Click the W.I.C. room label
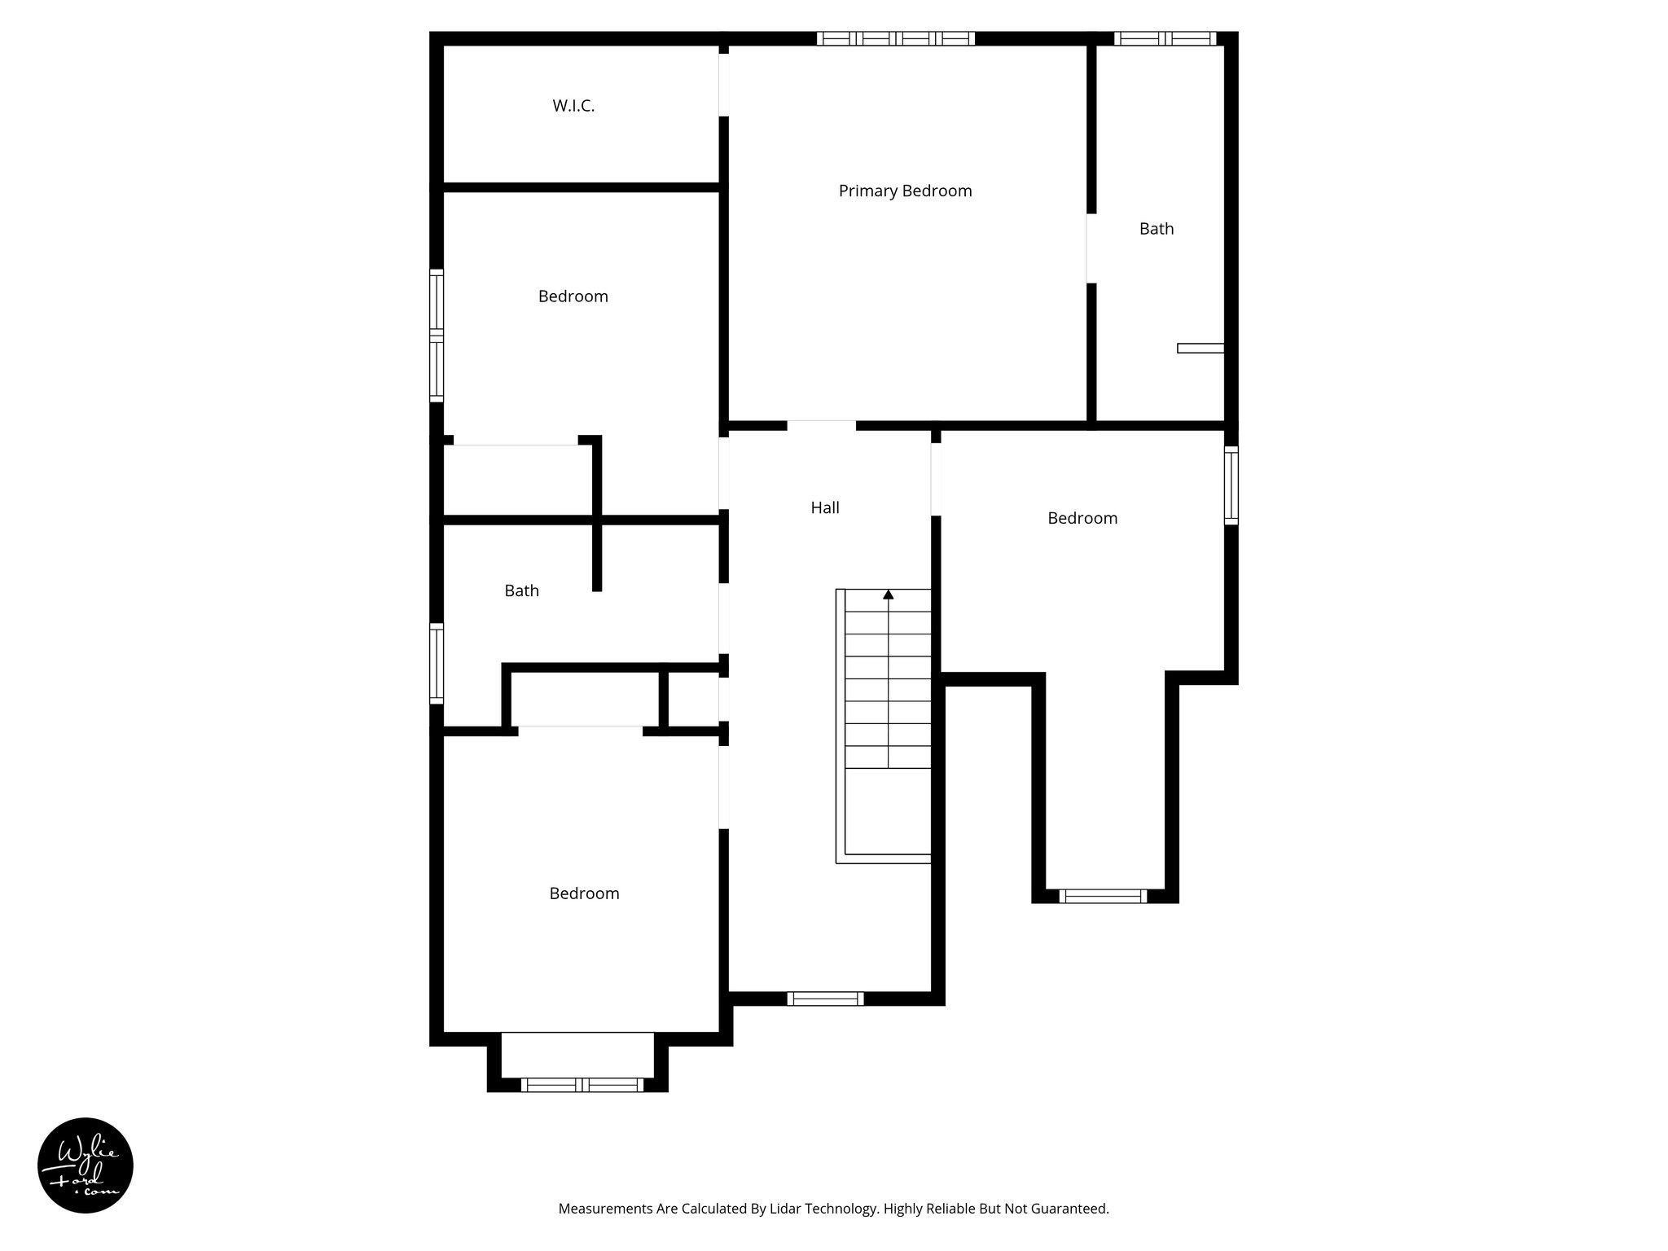pos(573,106)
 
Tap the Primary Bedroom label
pos(905,191)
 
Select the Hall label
pos(824,507)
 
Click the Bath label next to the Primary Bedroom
pos(1156,229)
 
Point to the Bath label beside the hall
pos(521,590)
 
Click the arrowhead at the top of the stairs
pos(888,595)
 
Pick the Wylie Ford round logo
pos(86,1165)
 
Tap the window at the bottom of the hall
pos(824,999)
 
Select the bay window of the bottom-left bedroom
pos(582,1084)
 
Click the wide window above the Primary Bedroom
pos(895,38)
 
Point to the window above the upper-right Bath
pos(1165,38)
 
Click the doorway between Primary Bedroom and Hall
pos(821,425)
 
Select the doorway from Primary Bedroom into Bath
pos(1091,248)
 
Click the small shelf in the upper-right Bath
pos(1201,348)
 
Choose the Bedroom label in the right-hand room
pos(1082,518)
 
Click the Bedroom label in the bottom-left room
pos(584,893)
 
